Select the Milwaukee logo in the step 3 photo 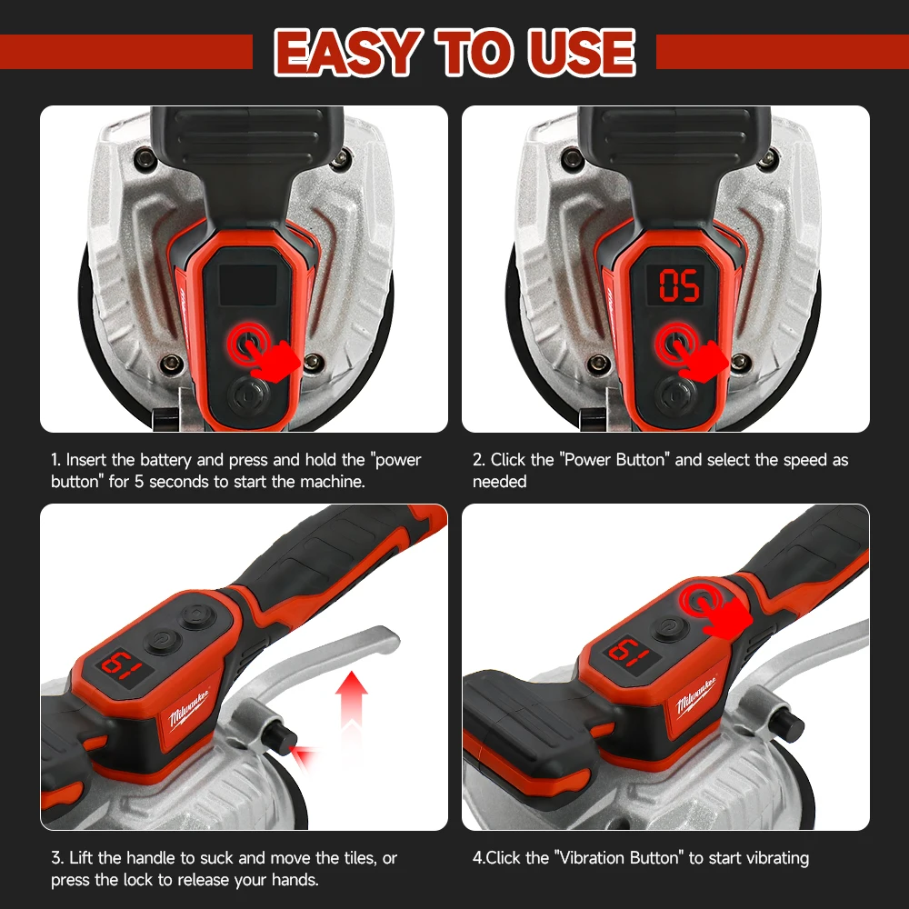click(189, 710)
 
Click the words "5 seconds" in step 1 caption click(160, 482)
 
